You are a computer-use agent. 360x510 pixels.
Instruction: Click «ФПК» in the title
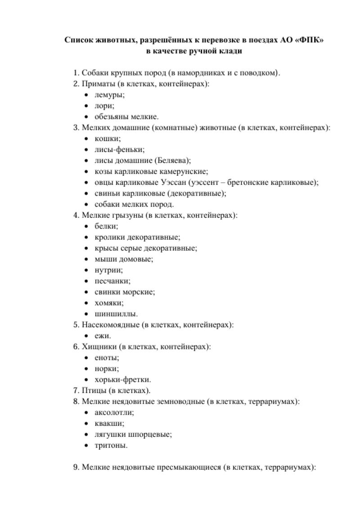coord(310,40)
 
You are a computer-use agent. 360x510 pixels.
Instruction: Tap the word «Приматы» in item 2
coord(96,84)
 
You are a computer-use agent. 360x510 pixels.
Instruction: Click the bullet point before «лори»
coord(86,106)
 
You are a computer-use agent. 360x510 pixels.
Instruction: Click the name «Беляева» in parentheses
coord(172,161)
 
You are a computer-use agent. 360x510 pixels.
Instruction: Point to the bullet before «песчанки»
coord(86,281)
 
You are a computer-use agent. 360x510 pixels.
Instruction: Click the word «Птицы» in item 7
coord(94,390)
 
